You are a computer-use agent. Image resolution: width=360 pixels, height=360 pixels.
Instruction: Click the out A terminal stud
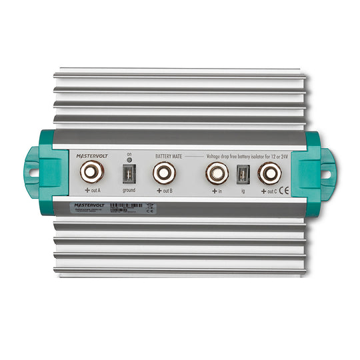pos(91,173)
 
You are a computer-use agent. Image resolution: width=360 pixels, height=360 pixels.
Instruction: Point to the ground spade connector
pos(127,174)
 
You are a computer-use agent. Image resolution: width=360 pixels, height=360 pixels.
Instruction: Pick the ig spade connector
pos(243,175)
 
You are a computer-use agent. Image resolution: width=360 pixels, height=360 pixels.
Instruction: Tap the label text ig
pos(243,191)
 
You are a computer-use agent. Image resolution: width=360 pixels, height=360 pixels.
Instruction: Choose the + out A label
pos(91,191)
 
